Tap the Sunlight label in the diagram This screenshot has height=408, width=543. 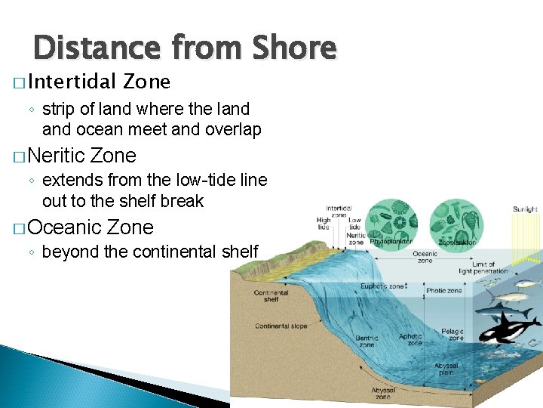coord(525,209)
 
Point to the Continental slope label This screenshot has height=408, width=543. coord(281,326)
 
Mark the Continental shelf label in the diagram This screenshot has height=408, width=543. coord(271,296)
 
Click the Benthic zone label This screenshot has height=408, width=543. coord(367,341)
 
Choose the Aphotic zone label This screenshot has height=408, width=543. coord(411,339)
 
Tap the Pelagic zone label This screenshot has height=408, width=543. coord(452,335)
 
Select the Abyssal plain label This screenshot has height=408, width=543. coord(445,369)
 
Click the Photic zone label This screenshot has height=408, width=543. coord(444,290)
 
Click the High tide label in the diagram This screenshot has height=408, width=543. coord(324,223)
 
